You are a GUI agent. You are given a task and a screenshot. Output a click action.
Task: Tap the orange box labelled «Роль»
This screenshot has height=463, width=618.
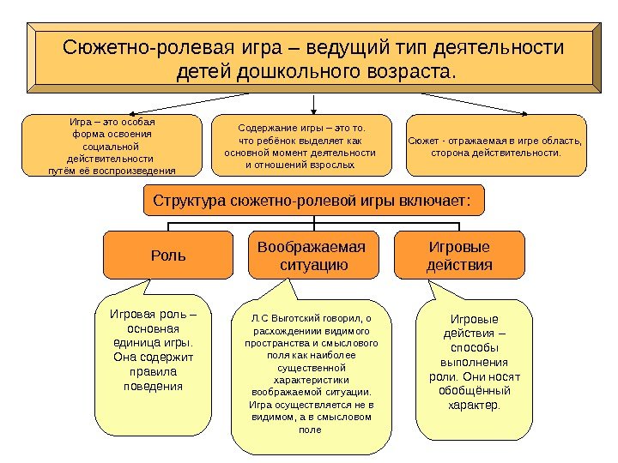(168, 256)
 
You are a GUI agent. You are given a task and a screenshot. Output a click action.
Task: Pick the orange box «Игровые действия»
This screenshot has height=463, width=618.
(459, 256)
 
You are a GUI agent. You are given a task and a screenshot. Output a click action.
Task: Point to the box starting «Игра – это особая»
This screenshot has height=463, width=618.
(112, 146)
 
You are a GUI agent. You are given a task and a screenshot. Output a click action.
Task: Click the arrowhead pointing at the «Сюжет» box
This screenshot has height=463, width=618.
(524, 112)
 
